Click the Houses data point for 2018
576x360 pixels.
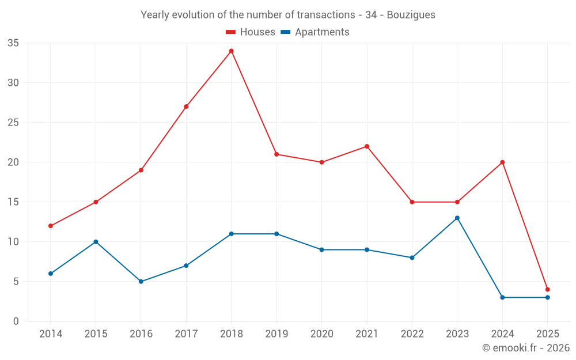[x=231, y=51]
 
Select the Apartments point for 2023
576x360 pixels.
[x=457, y=218]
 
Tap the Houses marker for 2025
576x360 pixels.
[x=547, y=289]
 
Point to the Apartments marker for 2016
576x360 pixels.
[x=141, y=282]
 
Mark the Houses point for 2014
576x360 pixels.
[x=51, y=226]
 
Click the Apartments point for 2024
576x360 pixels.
[x=502, y=297]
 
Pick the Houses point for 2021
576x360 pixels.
[x=366, y=146]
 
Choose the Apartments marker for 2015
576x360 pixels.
[x=96, y=242]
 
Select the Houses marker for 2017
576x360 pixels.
[x=186, y=107]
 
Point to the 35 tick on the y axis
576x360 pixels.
[x=13, y=43]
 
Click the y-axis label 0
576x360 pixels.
[x=16, y=321]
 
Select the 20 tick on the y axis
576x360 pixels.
[x=13, y=162]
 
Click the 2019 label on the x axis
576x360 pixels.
[x=276, y=334]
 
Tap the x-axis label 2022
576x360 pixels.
[x=412, y=334]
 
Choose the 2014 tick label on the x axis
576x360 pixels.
[x=51, y=334]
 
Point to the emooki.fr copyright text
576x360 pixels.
[x=525, y=348]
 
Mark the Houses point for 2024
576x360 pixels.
[x=502, y=162]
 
